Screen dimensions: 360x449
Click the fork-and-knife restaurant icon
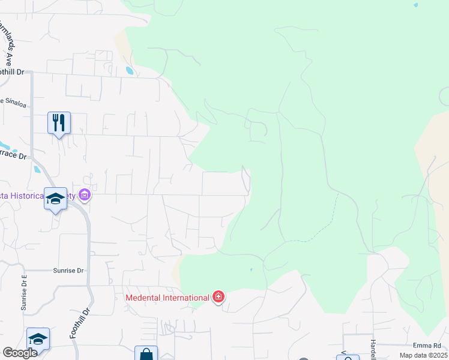[59, 123]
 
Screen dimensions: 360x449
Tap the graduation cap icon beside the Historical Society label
[55, 199]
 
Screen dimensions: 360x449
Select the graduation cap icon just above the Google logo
[38, 339]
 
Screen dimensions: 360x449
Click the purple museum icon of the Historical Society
[85, 195]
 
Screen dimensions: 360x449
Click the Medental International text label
[167, 297]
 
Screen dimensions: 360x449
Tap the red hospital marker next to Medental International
[218, 296]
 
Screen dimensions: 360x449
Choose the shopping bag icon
[146, 354]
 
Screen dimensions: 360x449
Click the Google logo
[20, 353]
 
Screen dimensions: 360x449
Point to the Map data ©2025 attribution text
[423, 355]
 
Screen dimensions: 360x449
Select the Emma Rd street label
[427, 346]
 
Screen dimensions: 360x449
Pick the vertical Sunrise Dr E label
[25, 293]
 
